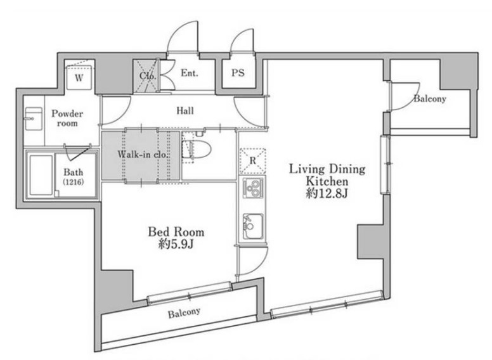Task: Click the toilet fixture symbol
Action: tap(197, 149)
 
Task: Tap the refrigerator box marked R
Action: tap(252, 161)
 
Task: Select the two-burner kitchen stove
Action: tap(252, 189)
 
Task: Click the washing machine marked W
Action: tap(79, 77)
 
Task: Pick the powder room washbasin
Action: tap(33, 119)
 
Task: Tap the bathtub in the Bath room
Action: tap(41, 175)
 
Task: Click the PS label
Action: tap(238, 73)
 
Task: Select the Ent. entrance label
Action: tap(190, 73)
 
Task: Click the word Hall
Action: tap(184, 110)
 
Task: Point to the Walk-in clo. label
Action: tap(143, 154)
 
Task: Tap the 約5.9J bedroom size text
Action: tap(176, 244)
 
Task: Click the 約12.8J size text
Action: tap(327, 194)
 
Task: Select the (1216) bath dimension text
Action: tap(74, 181)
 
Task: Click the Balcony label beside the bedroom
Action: tap(184, 312)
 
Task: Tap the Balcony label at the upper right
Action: tap(430, 98)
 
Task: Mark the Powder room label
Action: tap(67, 118)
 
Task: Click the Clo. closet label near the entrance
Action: tap(148, 76)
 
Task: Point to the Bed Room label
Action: tap(176, 232)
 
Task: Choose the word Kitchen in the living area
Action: tap(327, 181)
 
